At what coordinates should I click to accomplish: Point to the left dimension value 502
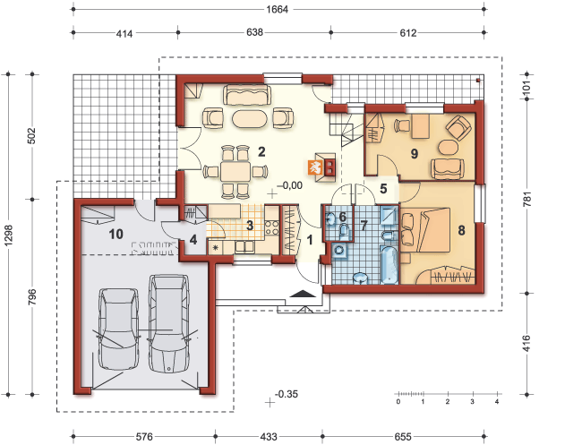coord(33,137)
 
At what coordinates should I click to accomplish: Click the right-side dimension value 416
coord(526,345)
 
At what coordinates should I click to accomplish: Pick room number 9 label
coord(415,153)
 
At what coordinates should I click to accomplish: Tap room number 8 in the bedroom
coord(461,230)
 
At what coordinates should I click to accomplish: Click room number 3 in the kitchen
coord(252,224)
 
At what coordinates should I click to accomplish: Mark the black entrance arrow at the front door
coord(304,295)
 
